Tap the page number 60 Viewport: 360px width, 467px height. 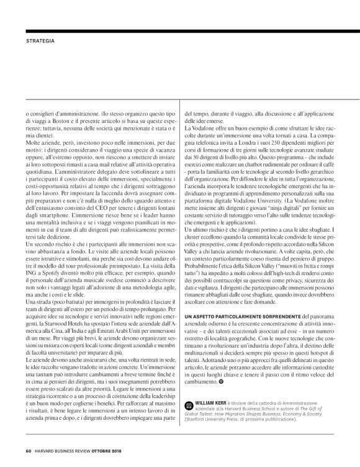click(x=28, y=451)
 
